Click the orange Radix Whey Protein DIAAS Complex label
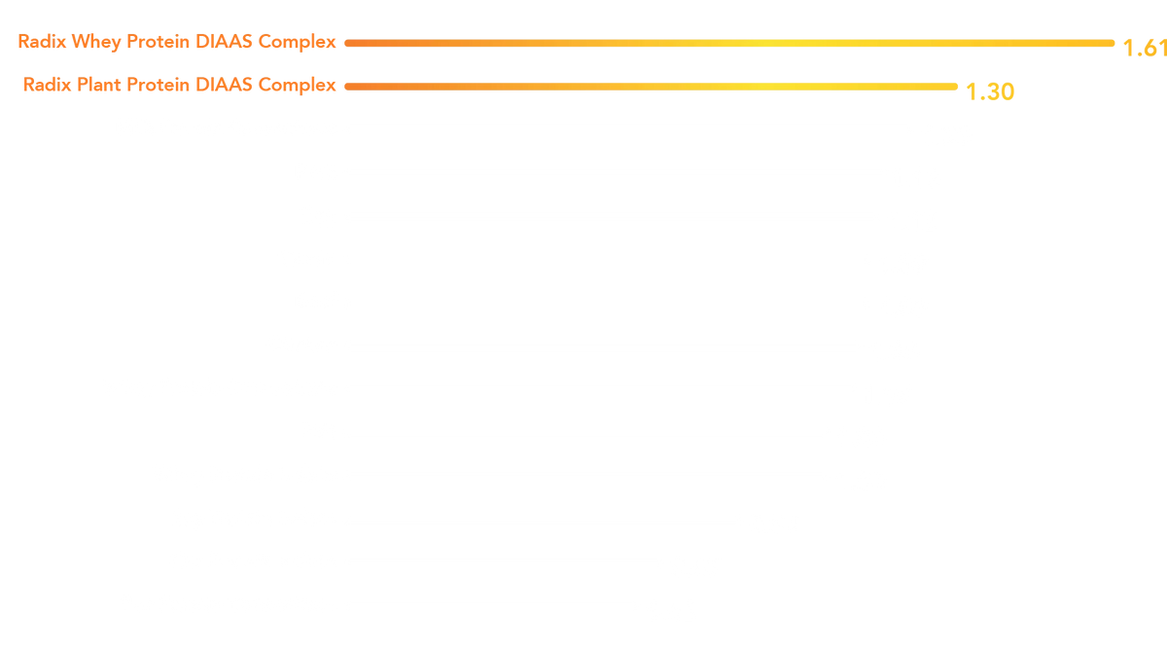178,42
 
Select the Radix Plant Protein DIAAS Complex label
180,85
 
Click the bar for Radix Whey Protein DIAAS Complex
729,43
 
